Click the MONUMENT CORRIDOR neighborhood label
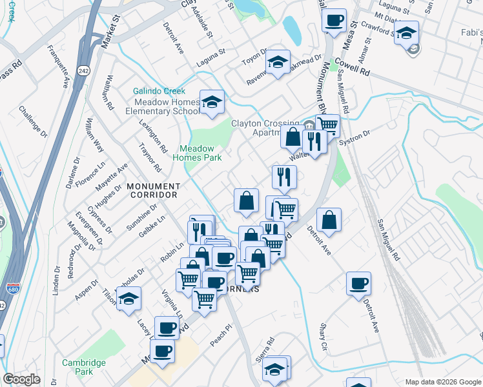click(152, 190)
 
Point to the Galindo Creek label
click(159, 92)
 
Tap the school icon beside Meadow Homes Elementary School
click(211, 103)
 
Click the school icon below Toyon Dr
click(278, 63)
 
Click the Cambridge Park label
click(84, 367)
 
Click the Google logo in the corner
click(22, 379)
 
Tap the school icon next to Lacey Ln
click(130, 301)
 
